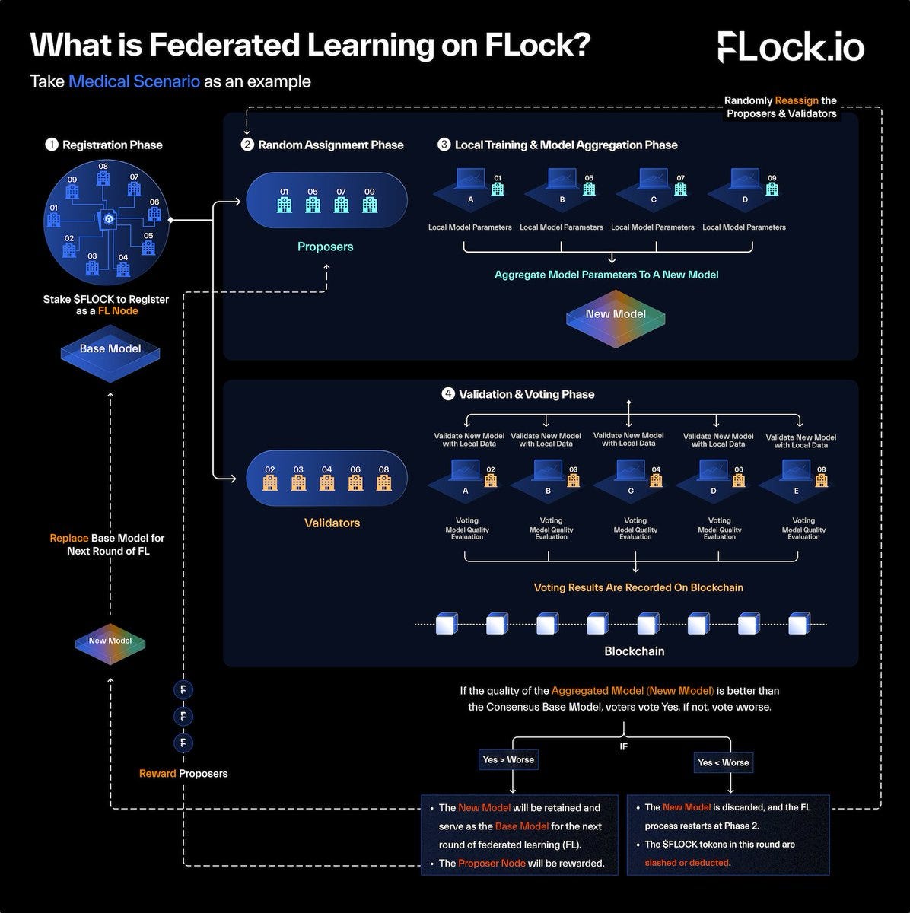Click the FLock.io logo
pos(791,46)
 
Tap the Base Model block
pos(110,351)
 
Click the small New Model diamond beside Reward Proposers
pos(110,643)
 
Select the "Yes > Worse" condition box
pos(508,759)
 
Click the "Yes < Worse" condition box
pos(723,762)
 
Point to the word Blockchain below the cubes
pos(634,651)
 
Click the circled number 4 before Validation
pos(448,394)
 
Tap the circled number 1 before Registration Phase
pos(52,145)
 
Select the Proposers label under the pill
pos(325,247)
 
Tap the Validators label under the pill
pos(332,523)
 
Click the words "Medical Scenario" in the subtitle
pos(134,81)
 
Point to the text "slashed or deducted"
pos(686,863)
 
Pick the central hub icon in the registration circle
pos(110,219)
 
